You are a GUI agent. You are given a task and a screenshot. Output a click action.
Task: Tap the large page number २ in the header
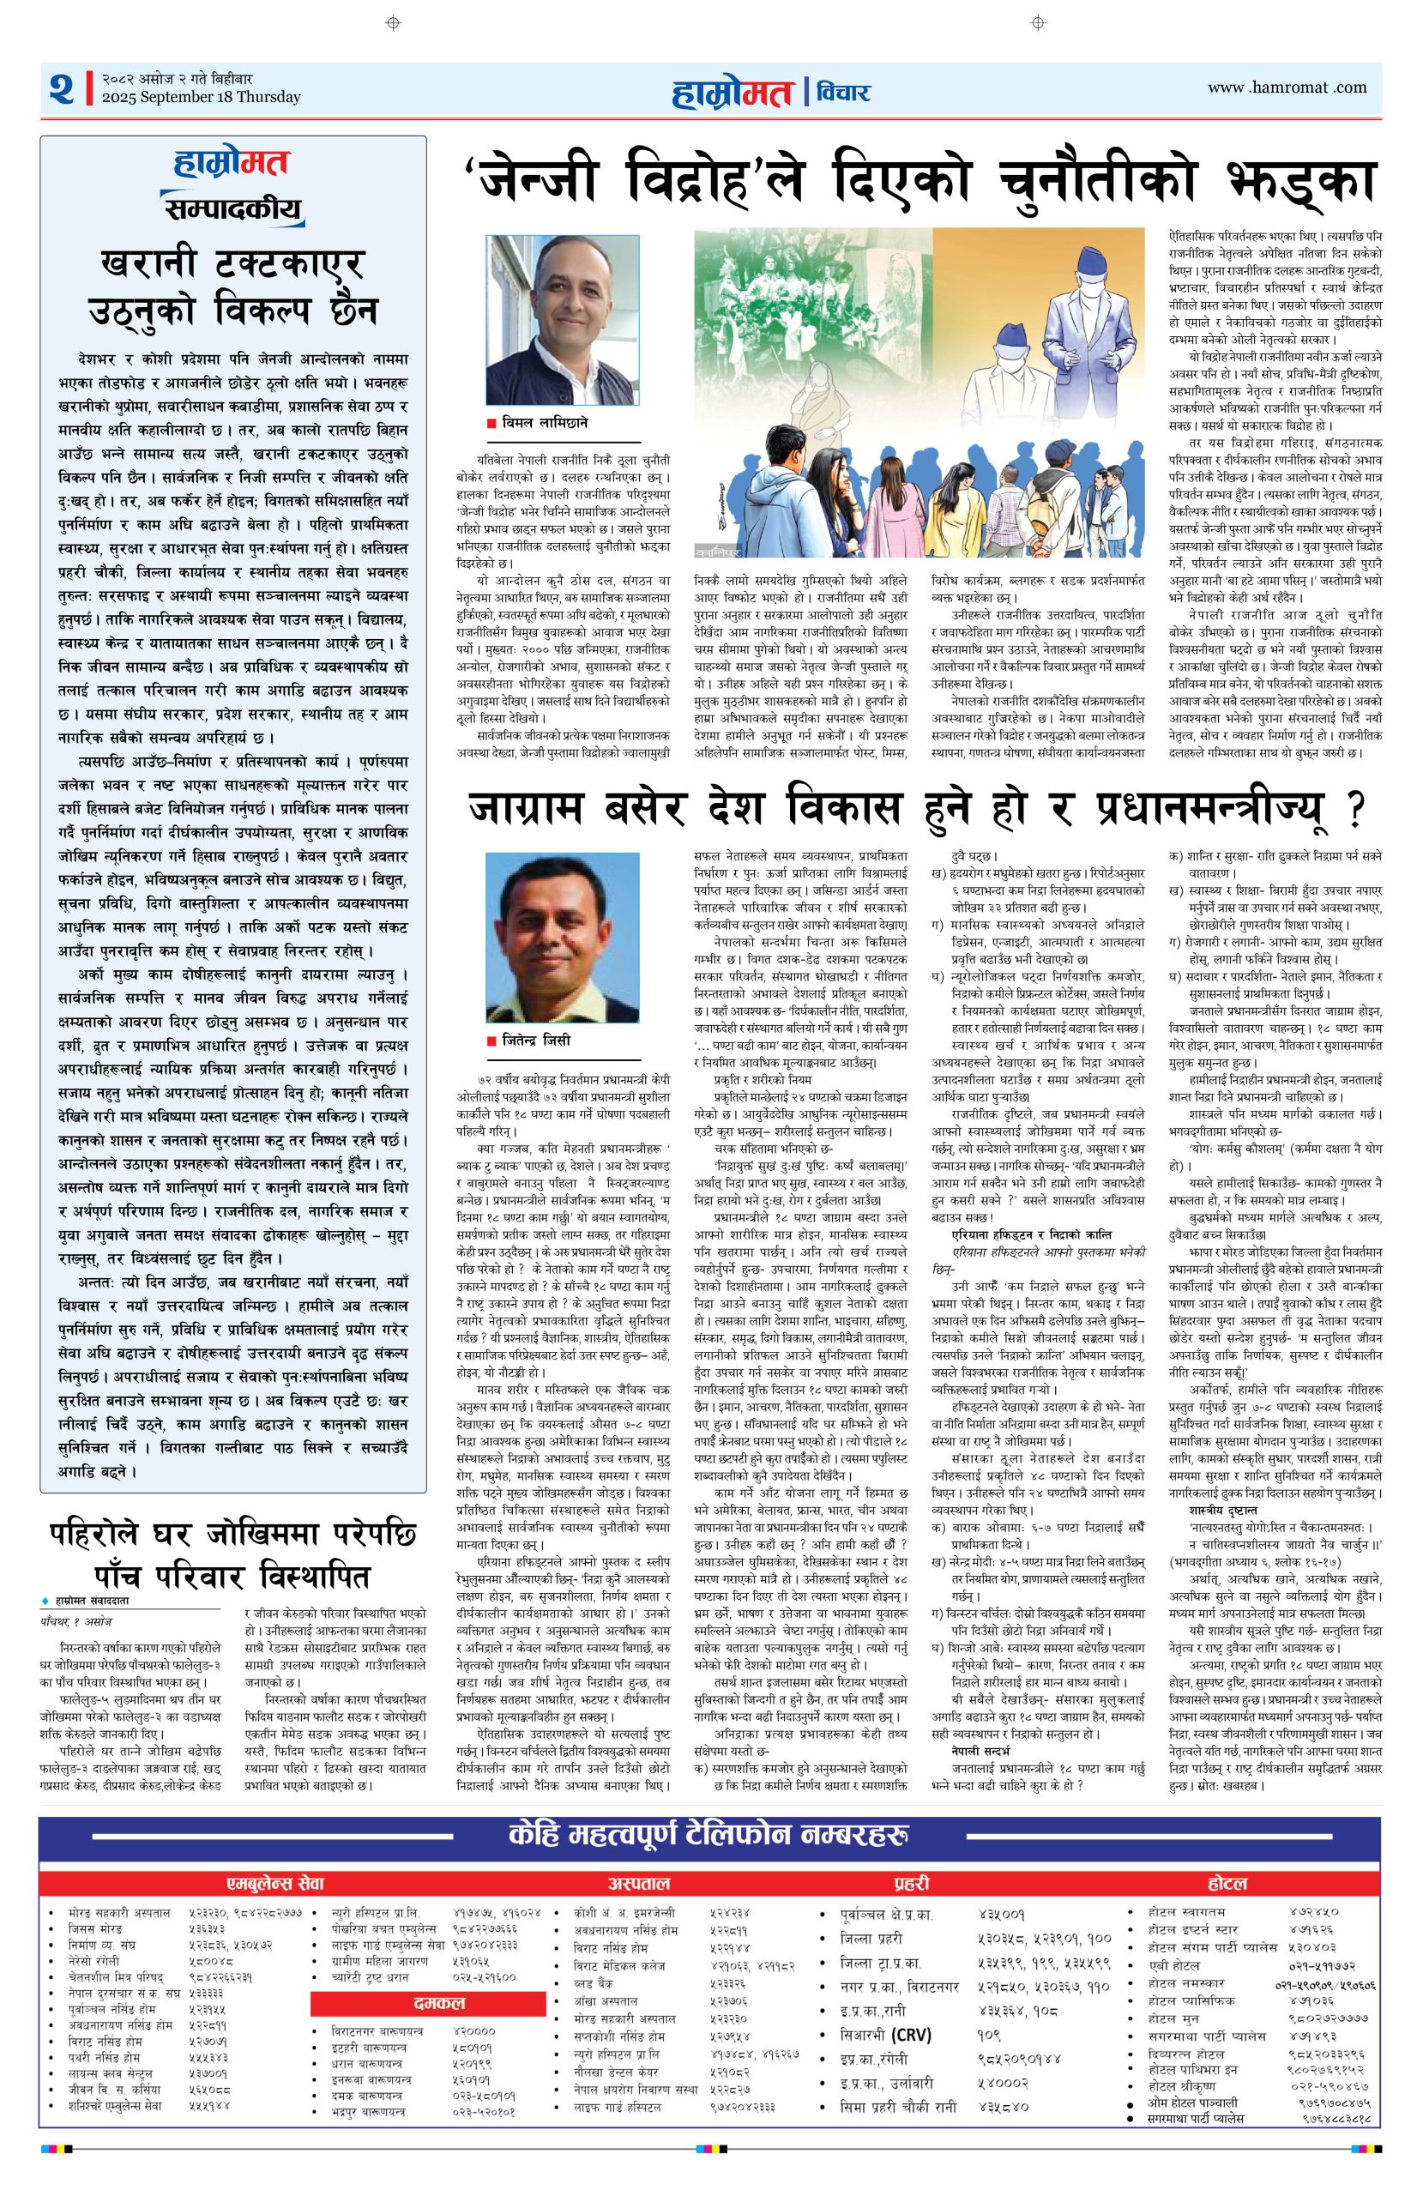(x=62, y=89)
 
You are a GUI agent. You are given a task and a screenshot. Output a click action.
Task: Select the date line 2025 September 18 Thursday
(x=202, y=97)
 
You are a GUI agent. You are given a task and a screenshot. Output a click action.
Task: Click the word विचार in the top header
(x=841, y=91)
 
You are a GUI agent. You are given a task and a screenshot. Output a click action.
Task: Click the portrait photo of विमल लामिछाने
(x=562, y=319)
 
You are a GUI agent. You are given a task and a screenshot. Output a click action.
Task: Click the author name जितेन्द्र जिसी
(x=536, y=1039)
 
